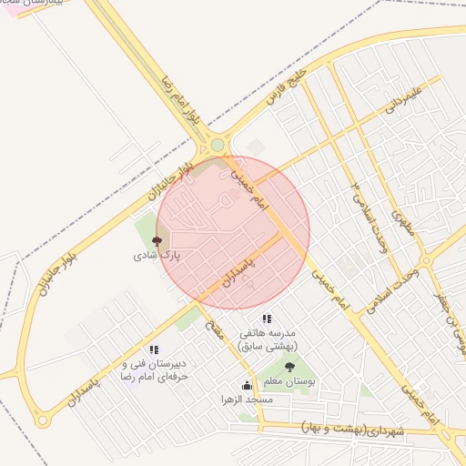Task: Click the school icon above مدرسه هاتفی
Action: (267, 319)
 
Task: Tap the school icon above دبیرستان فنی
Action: (154, 349)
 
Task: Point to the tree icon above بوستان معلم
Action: (289, 368)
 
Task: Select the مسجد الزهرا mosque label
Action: (246, 400)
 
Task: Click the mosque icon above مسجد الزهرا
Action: (246, 385)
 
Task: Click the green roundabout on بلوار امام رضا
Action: (218, 145)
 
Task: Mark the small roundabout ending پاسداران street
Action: (42, 420)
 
